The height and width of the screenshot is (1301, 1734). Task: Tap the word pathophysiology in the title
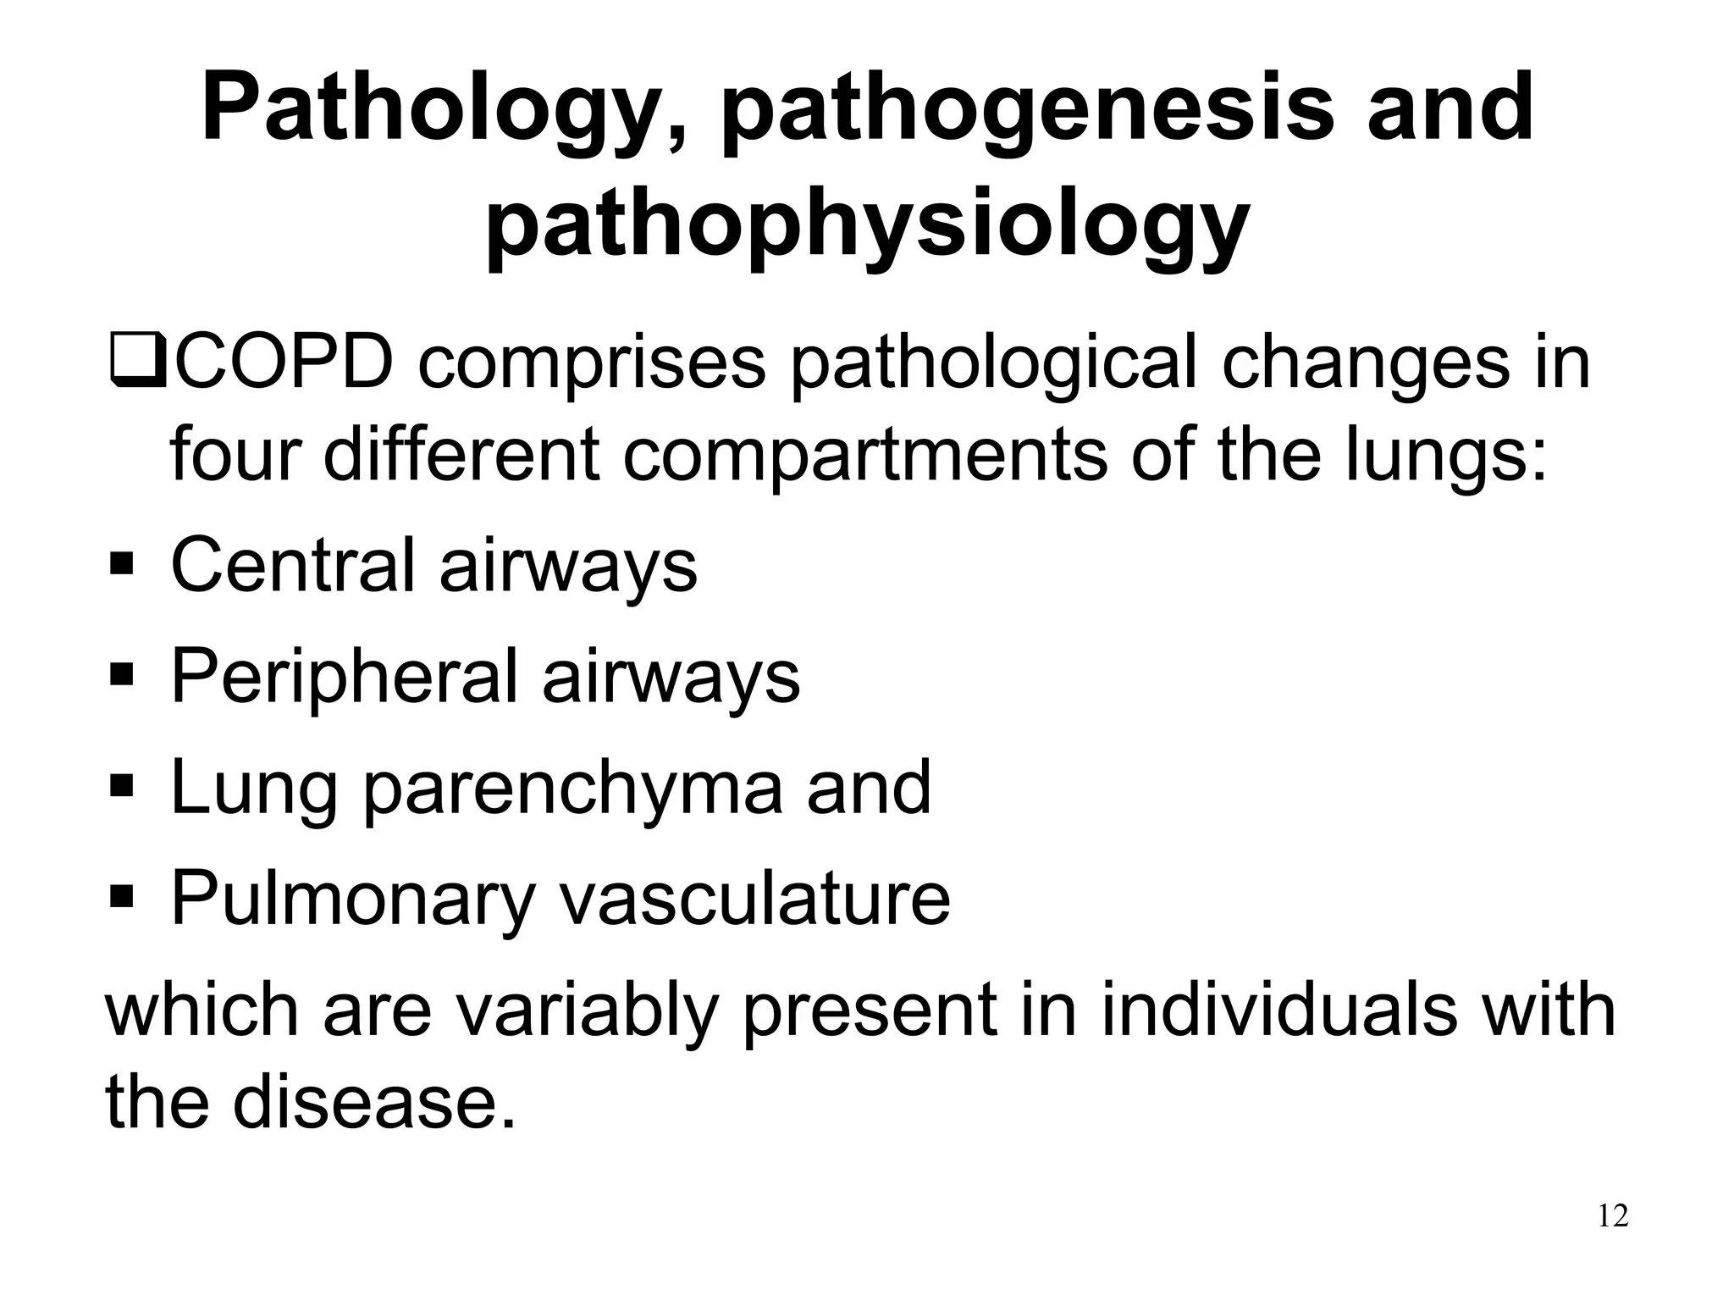point(867,225)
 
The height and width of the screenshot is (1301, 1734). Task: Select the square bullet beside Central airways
point(122,563)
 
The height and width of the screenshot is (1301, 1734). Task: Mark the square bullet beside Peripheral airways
point(122,675)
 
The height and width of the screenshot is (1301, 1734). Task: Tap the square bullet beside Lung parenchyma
point(122,786)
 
